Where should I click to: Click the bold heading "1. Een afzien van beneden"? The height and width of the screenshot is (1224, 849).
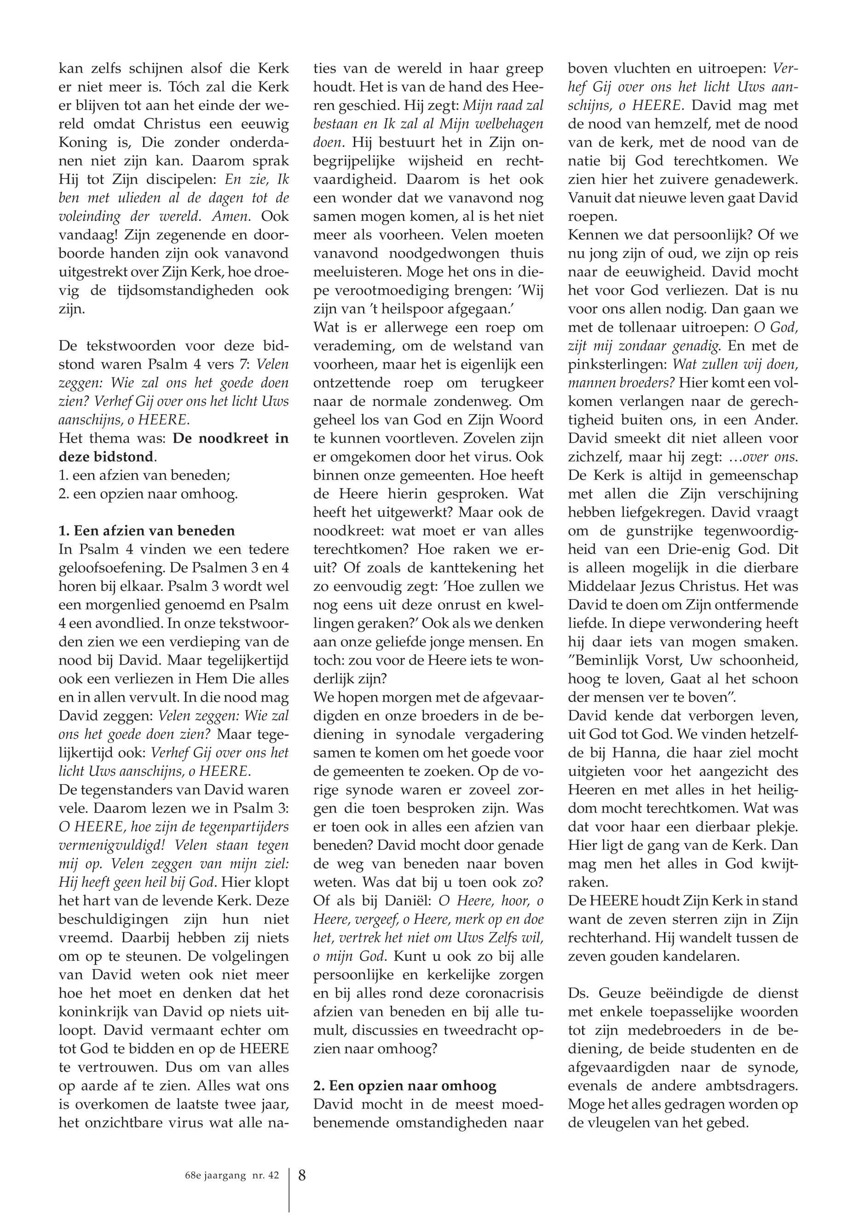pos(147,531)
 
